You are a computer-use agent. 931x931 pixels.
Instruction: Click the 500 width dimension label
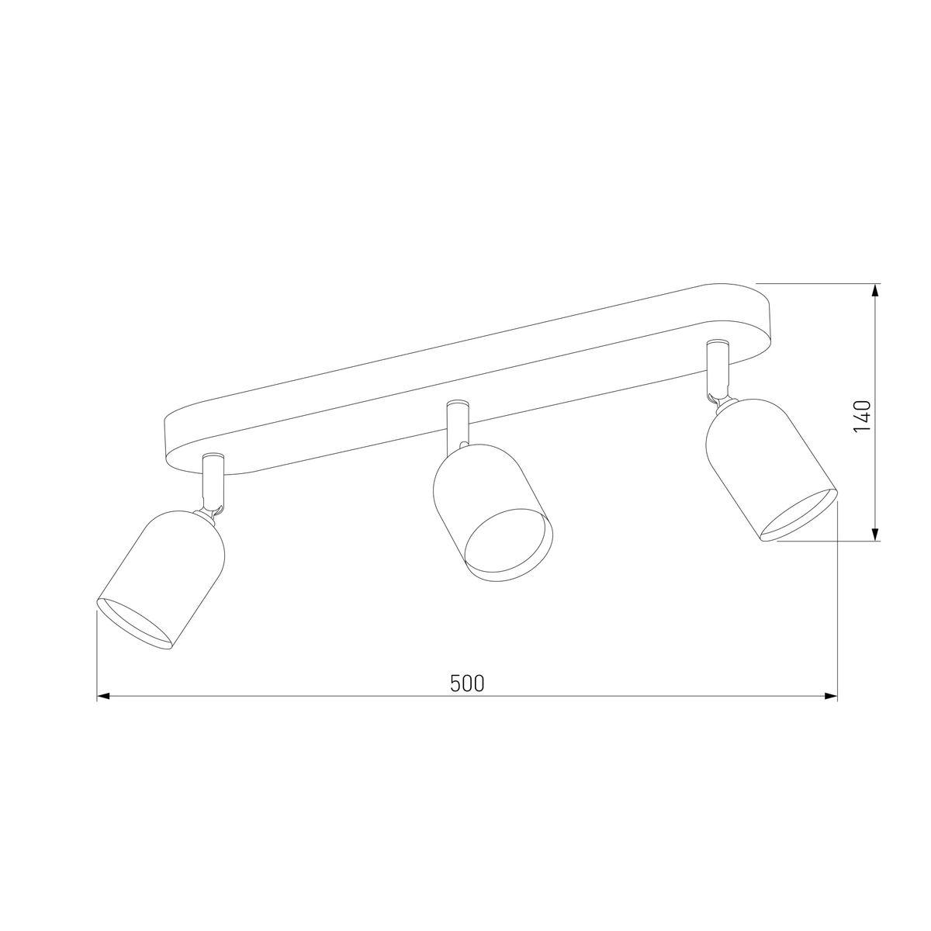point(466,683)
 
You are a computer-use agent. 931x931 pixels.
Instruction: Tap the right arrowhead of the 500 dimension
point(832,697)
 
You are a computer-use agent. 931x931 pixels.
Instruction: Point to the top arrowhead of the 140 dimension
point(875,289)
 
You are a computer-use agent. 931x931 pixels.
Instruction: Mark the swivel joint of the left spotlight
point(216,510)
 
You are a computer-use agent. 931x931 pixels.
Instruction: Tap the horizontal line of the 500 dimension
point(310,697)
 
